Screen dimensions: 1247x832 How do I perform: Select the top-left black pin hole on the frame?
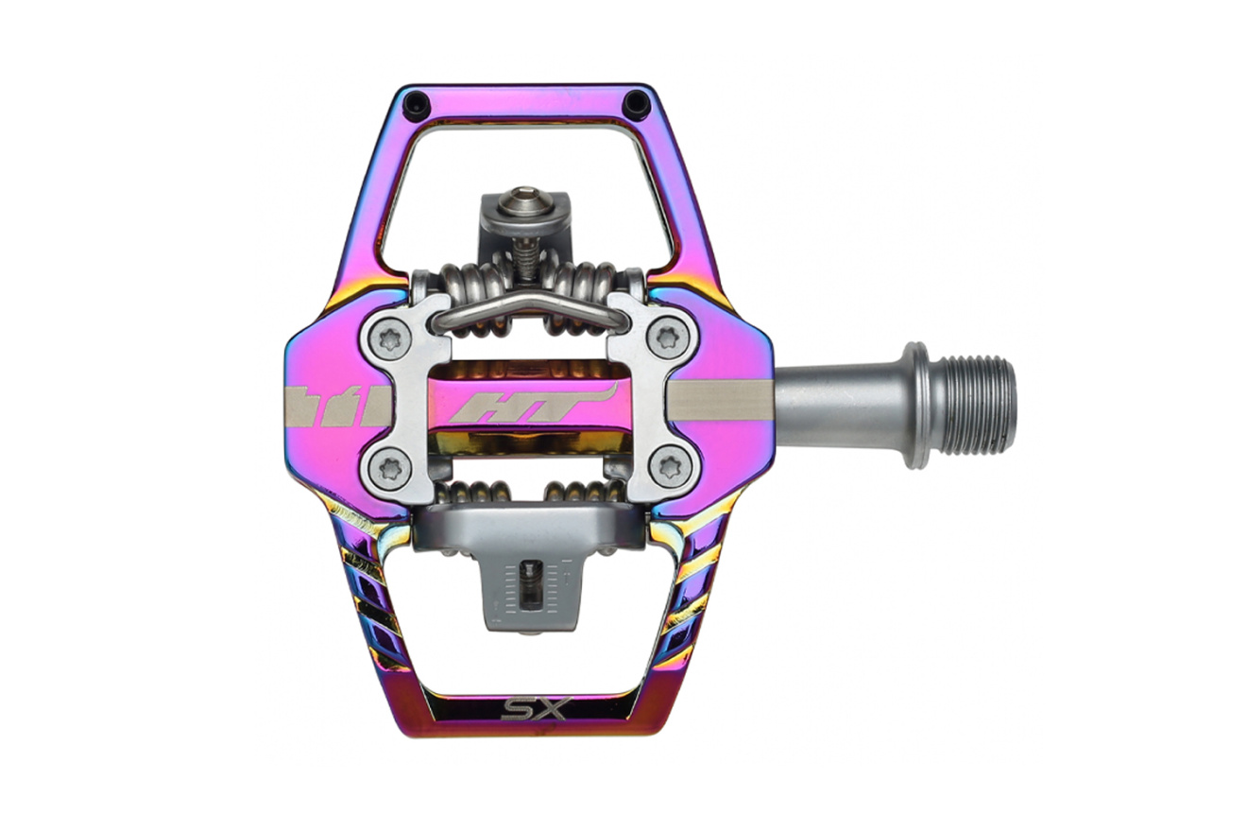(x=417, y=102)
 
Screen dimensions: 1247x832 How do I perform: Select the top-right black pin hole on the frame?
(x=633, y=102)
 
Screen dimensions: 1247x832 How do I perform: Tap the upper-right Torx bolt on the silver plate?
(x=666, y=338)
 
